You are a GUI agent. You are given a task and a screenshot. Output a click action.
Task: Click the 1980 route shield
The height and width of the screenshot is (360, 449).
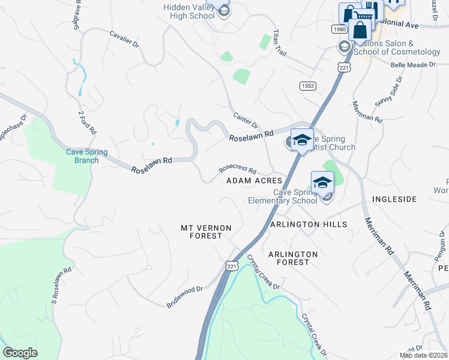tap(339, 29)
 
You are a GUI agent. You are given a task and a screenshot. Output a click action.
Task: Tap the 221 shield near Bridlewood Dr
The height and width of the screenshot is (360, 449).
tap(232, 265)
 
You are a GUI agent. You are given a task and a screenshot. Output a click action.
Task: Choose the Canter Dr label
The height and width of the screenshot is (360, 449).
tap(245, 120)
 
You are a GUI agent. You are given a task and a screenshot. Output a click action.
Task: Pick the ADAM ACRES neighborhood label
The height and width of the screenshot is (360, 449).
tap(254, 181)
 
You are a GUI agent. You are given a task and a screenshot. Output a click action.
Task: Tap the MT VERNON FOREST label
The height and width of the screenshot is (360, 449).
tap(202, 232)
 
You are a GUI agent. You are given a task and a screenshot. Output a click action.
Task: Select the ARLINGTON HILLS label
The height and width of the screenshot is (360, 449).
tap(309, 224)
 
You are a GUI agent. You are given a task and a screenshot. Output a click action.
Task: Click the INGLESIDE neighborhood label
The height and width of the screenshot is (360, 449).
tap(394, 199)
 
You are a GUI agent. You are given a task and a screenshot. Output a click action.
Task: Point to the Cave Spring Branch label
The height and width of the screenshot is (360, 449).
tap(86, 156)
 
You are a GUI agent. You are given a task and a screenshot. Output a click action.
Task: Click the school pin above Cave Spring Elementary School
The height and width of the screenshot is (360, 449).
tap(322, 182)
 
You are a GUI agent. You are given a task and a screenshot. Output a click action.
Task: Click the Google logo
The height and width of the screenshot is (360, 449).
tap(20, 353)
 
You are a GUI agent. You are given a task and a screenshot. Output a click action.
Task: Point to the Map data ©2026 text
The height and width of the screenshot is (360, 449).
tap(424, 355)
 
